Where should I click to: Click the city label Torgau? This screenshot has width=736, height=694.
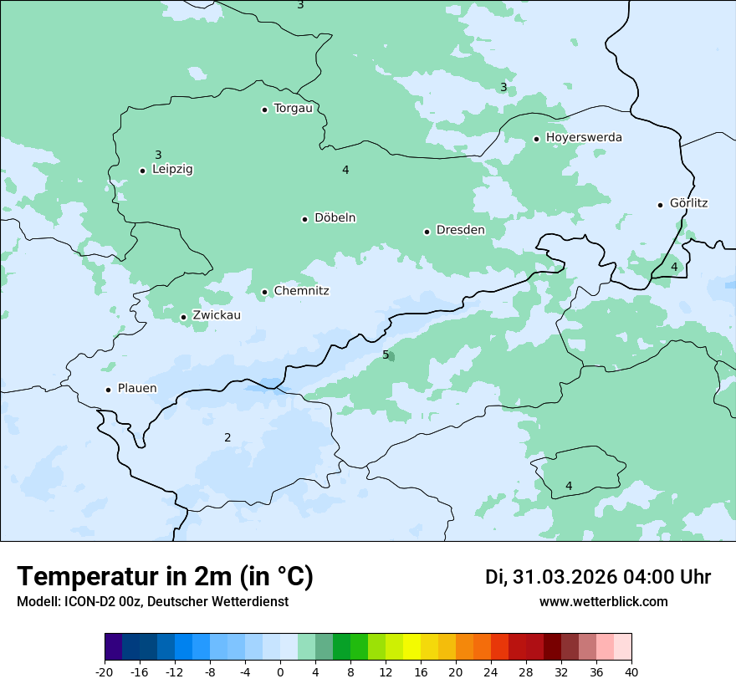[293, 109]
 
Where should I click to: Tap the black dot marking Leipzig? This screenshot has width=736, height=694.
[142, 171]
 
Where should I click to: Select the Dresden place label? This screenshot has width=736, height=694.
[460, 230]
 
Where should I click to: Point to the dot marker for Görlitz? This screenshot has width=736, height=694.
[660, 205]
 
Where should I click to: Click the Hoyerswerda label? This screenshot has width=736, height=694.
[584, 138]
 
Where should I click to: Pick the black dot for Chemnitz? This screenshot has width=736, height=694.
[264, 292]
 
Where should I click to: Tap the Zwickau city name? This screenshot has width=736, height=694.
[217, 315]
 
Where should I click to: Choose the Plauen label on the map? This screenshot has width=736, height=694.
[137, 389]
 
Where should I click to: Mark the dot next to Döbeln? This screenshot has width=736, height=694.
[304, 219]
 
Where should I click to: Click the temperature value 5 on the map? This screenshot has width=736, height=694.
[386, 355]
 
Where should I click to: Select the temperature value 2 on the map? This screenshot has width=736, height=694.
[227, 437]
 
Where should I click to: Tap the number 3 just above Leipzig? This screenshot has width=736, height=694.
[158, 155]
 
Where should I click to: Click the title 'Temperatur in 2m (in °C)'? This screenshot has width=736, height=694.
[166, 577]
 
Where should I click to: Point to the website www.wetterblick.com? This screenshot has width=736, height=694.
[603, 602]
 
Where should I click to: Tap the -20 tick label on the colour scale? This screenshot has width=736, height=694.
[105, 672]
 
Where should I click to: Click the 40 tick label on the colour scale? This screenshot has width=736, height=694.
[631, 672]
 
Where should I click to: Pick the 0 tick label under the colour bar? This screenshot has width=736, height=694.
[280, 672]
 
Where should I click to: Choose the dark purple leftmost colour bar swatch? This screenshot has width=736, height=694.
[114, 647]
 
